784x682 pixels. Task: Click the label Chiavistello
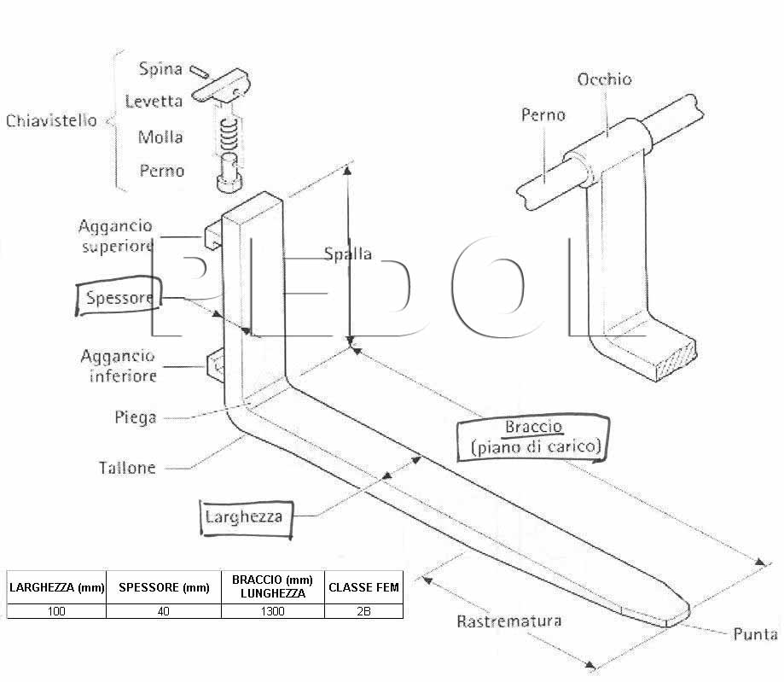(x=51, y=120)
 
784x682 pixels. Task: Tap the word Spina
(x=160, y=68)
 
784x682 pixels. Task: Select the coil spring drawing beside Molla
(x=229, y=135)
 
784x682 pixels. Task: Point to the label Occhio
(x=604, y=79)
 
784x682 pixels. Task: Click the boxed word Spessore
(x=119, y=298)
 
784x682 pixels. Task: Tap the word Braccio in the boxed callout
(x=533, y=427)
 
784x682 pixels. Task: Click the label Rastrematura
(x=509, y=621)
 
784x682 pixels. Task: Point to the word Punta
(x=755, y=634)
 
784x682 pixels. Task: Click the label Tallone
(x=127, y=468)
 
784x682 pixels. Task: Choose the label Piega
(x=136, y=417)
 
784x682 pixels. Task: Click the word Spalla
(x=347, y=254)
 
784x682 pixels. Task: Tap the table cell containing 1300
(x=272, y=611)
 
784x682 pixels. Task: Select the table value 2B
(x=363, y=611)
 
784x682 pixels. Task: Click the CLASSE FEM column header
(x=363, y=587)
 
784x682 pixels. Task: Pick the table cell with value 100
(x=56, y=611)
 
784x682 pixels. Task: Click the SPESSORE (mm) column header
(x=164, y=587)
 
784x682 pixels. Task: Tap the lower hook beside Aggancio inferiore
(x=215, y=366)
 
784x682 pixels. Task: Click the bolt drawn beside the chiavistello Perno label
(x=229, y=172)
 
